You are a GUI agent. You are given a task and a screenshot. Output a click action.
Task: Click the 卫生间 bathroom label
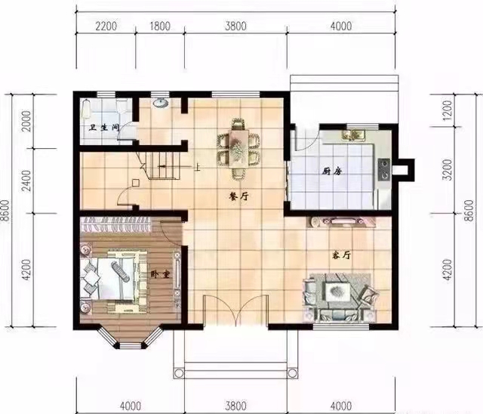104,128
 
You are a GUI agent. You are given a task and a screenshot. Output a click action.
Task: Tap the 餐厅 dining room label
238,196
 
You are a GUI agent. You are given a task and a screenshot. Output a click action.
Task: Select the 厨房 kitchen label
332,171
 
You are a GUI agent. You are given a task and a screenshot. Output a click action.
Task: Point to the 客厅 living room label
341,255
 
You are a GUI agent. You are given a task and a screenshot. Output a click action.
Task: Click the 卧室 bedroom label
160,274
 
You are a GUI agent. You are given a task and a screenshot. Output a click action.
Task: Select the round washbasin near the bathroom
160,103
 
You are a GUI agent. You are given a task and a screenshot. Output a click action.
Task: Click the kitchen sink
353,135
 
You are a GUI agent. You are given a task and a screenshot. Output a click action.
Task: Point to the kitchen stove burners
384,169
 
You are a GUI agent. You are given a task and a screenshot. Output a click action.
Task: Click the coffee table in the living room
337,291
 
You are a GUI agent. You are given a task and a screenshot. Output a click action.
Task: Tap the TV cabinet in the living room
341,222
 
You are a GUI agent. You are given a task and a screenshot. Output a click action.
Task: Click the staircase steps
162,166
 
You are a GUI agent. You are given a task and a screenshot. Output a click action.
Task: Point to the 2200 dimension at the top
106,26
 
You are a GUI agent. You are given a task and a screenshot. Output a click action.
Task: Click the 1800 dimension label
160,26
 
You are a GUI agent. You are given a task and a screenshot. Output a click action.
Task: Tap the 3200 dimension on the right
448,170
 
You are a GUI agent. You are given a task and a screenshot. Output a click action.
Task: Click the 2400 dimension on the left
27,181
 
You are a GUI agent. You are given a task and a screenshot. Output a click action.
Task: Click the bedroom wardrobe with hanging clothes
115,224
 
